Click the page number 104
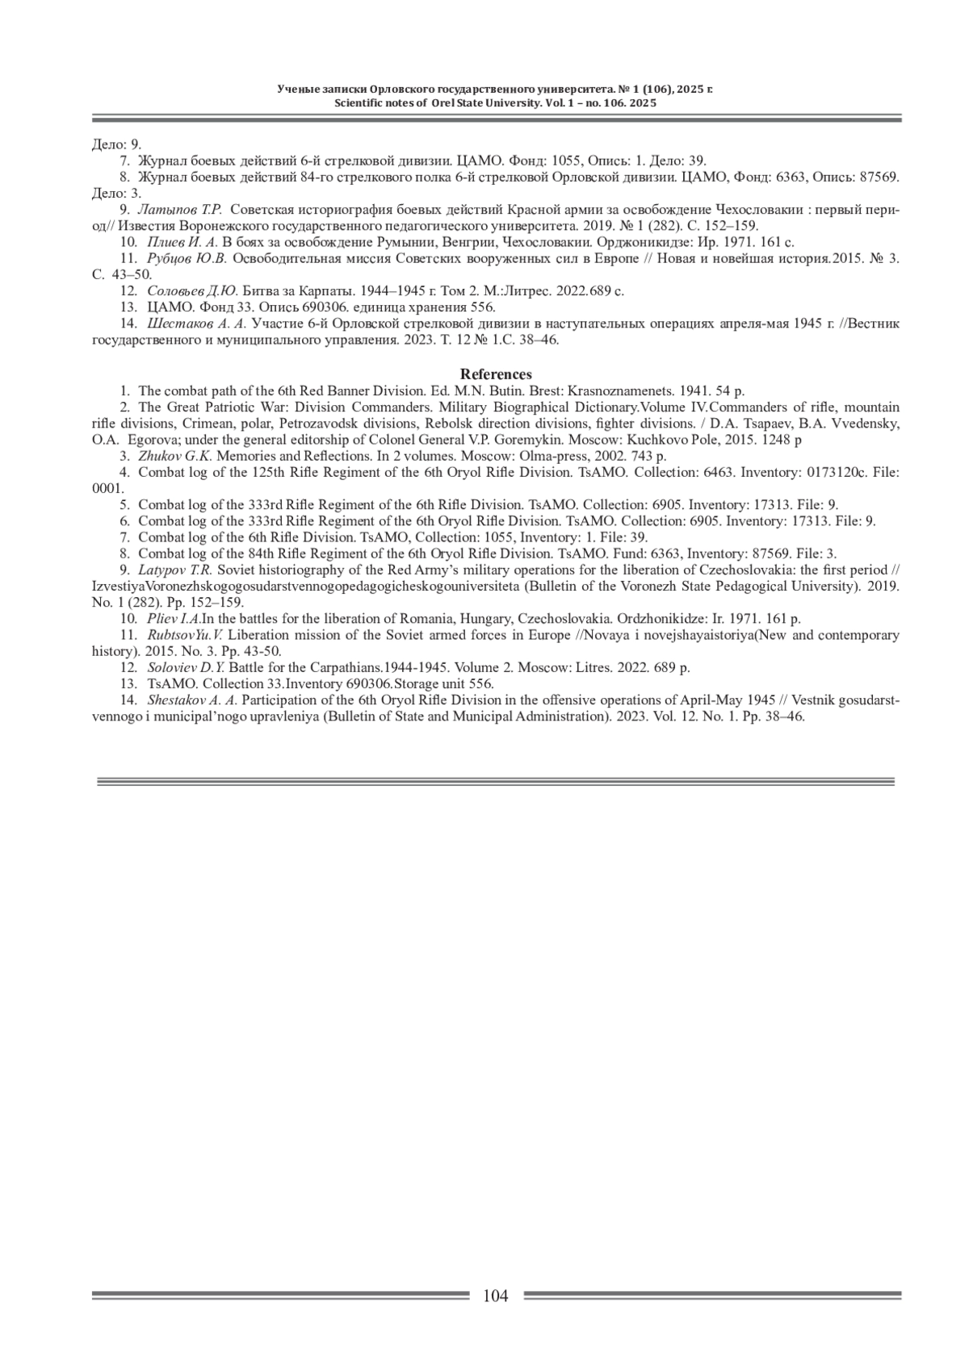495,1297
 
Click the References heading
496,374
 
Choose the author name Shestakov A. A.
192,700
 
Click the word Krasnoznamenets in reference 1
620,391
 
